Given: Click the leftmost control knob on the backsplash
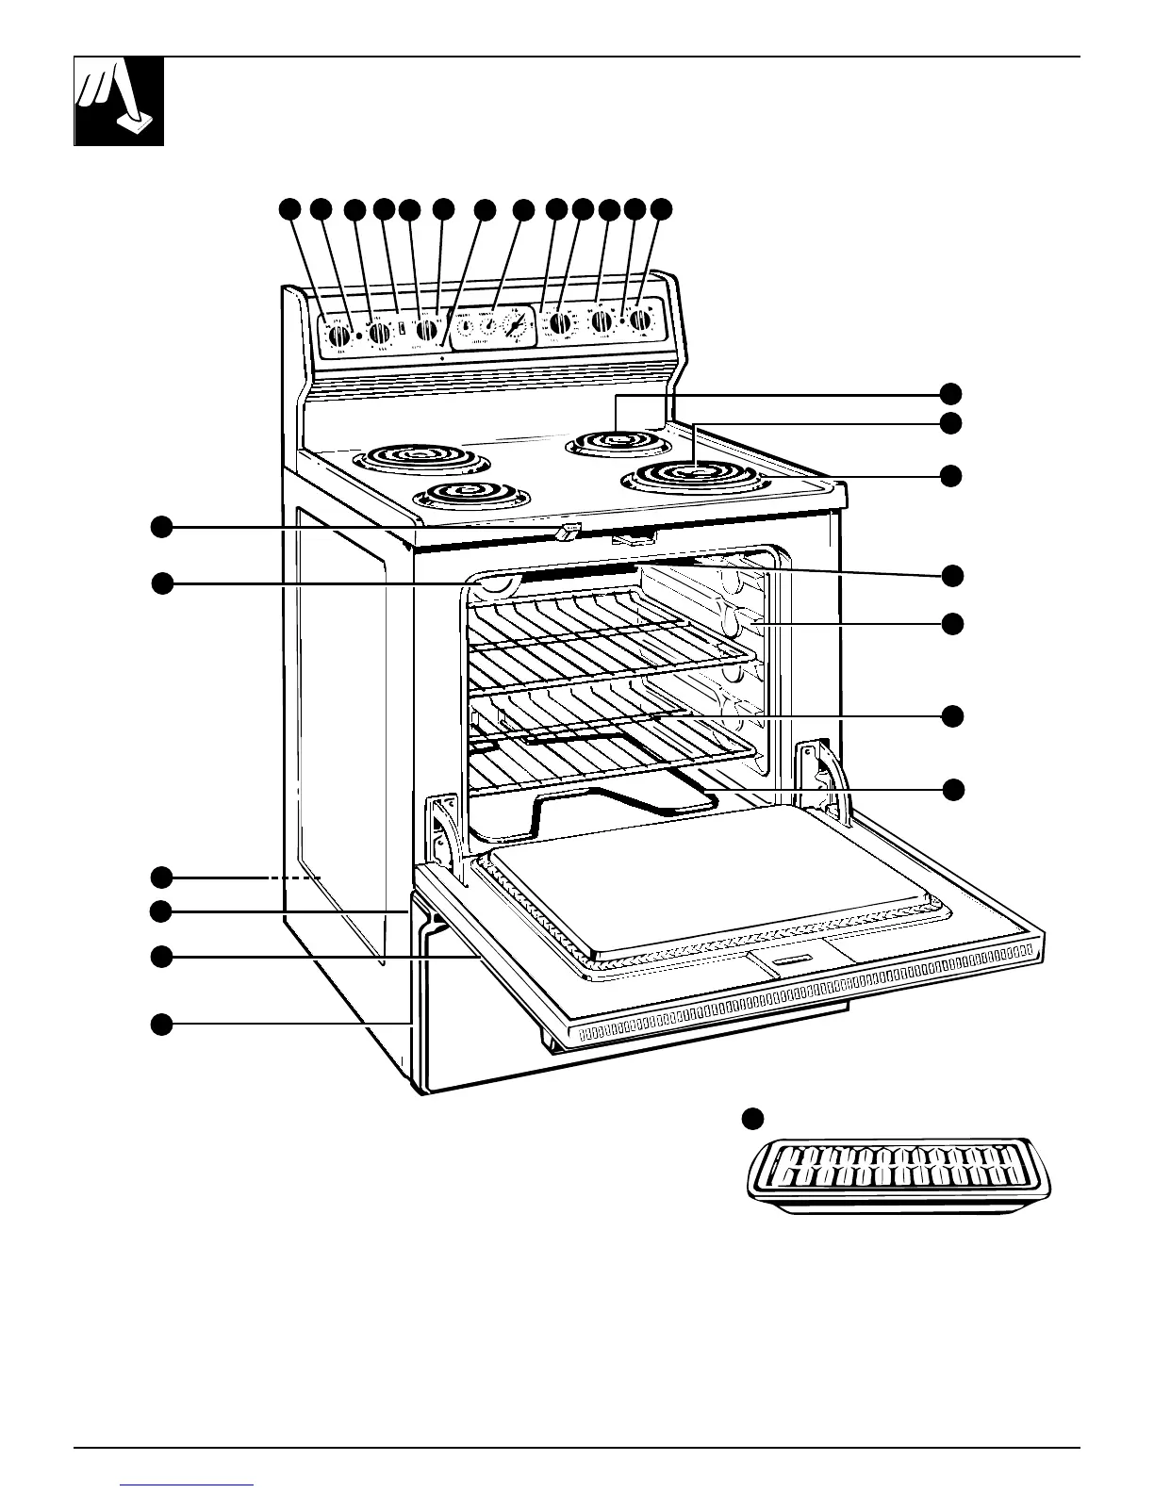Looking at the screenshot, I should point(337,333).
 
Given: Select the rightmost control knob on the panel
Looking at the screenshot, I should point(641,320).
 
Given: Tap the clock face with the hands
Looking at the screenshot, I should point(516,326).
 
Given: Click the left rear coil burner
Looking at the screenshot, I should point(421,460).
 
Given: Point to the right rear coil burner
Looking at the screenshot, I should point(618,441).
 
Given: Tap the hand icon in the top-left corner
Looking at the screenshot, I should point(119,101).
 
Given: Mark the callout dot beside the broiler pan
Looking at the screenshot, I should point(750,1118).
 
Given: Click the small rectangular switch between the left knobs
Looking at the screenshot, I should point(402,330).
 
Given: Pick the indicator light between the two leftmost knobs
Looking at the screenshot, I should point(359,334).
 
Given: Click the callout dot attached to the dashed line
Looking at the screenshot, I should point(161,878).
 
